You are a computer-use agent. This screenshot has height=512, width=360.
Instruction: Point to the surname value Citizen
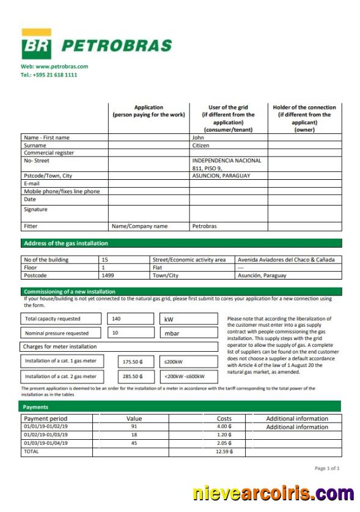201,146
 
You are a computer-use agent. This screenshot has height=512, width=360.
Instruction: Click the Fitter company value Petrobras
204,226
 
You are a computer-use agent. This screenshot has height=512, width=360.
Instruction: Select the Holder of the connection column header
304,118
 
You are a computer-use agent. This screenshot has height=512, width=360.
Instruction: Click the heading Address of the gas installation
65,243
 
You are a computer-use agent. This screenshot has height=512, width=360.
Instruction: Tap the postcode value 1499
108,275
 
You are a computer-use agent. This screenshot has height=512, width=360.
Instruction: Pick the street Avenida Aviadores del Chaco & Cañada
286,259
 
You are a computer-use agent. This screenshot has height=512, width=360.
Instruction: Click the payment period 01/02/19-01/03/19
46,434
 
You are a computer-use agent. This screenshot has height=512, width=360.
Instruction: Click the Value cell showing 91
134,426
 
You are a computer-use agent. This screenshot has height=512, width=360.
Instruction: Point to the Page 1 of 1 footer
326,469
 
